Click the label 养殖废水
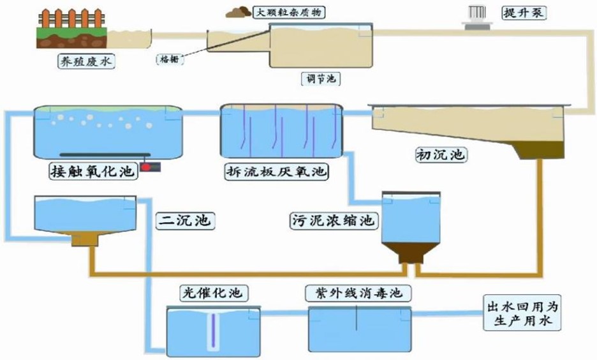tap(85, 63)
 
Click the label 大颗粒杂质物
tap(286, 12)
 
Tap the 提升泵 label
tap(524, 12)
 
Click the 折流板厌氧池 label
tap(276, 172)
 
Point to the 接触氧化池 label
tap(92, 172)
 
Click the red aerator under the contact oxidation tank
tap(147, 167)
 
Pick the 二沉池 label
tap(184, 221)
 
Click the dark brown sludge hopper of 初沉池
tap(542, 150)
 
